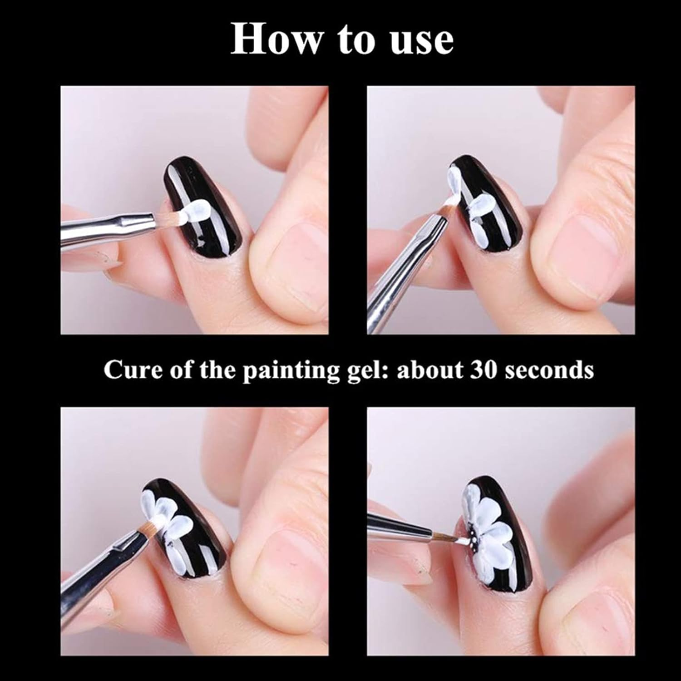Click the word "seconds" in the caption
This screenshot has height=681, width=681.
coord(549,370)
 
